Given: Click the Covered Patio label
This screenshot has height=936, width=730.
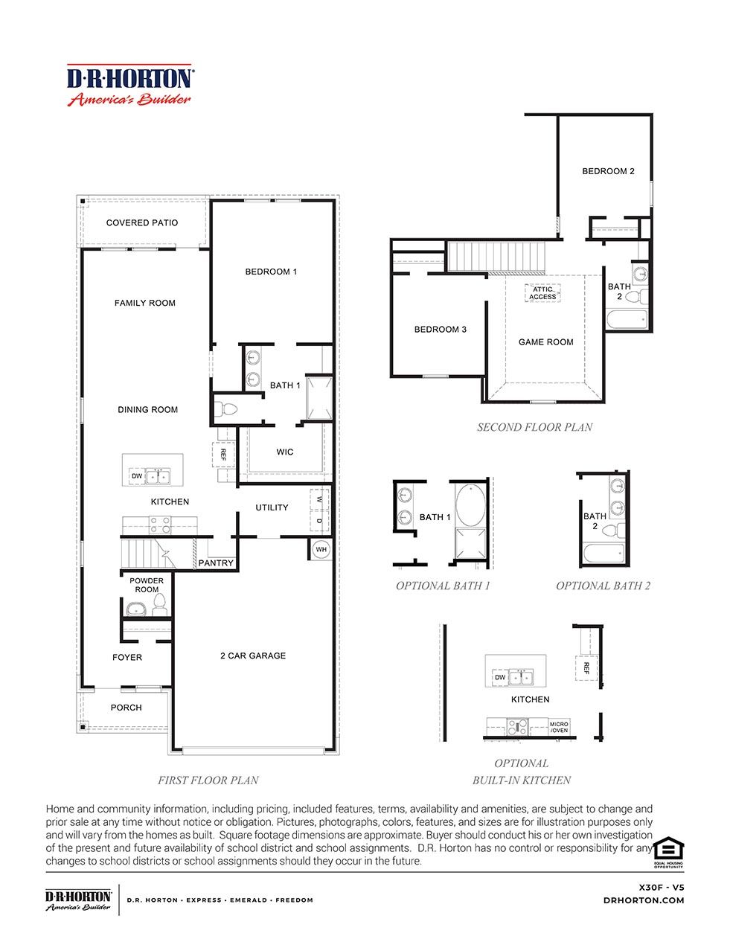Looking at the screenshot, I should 141,222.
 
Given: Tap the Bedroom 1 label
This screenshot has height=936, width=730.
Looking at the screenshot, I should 271,272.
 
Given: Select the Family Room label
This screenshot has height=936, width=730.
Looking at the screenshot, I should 145,303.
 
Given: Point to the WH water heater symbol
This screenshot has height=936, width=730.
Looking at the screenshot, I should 321,550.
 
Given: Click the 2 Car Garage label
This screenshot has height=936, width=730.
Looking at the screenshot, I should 252,655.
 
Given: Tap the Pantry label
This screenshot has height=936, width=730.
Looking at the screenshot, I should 216,563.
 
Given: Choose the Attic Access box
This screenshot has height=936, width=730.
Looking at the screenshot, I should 542,293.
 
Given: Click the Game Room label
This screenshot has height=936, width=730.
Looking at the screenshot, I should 545,342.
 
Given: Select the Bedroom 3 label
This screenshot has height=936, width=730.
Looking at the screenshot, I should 441,329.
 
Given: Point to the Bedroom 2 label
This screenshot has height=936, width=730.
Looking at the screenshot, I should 608,171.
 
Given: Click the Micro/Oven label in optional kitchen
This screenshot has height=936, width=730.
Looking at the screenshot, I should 559,727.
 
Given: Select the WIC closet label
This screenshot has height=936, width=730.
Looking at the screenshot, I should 284,452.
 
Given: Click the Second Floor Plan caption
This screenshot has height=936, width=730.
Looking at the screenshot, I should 534,427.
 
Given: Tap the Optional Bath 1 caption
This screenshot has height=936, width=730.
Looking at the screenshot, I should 443,586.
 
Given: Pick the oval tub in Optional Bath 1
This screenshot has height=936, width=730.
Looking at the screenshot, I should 469,505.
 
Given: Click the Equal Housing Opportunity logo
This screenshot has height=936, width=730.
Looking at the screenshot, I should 668,851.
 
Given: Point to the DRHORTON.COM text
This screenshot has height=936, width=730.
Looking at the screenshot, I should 644,900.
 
